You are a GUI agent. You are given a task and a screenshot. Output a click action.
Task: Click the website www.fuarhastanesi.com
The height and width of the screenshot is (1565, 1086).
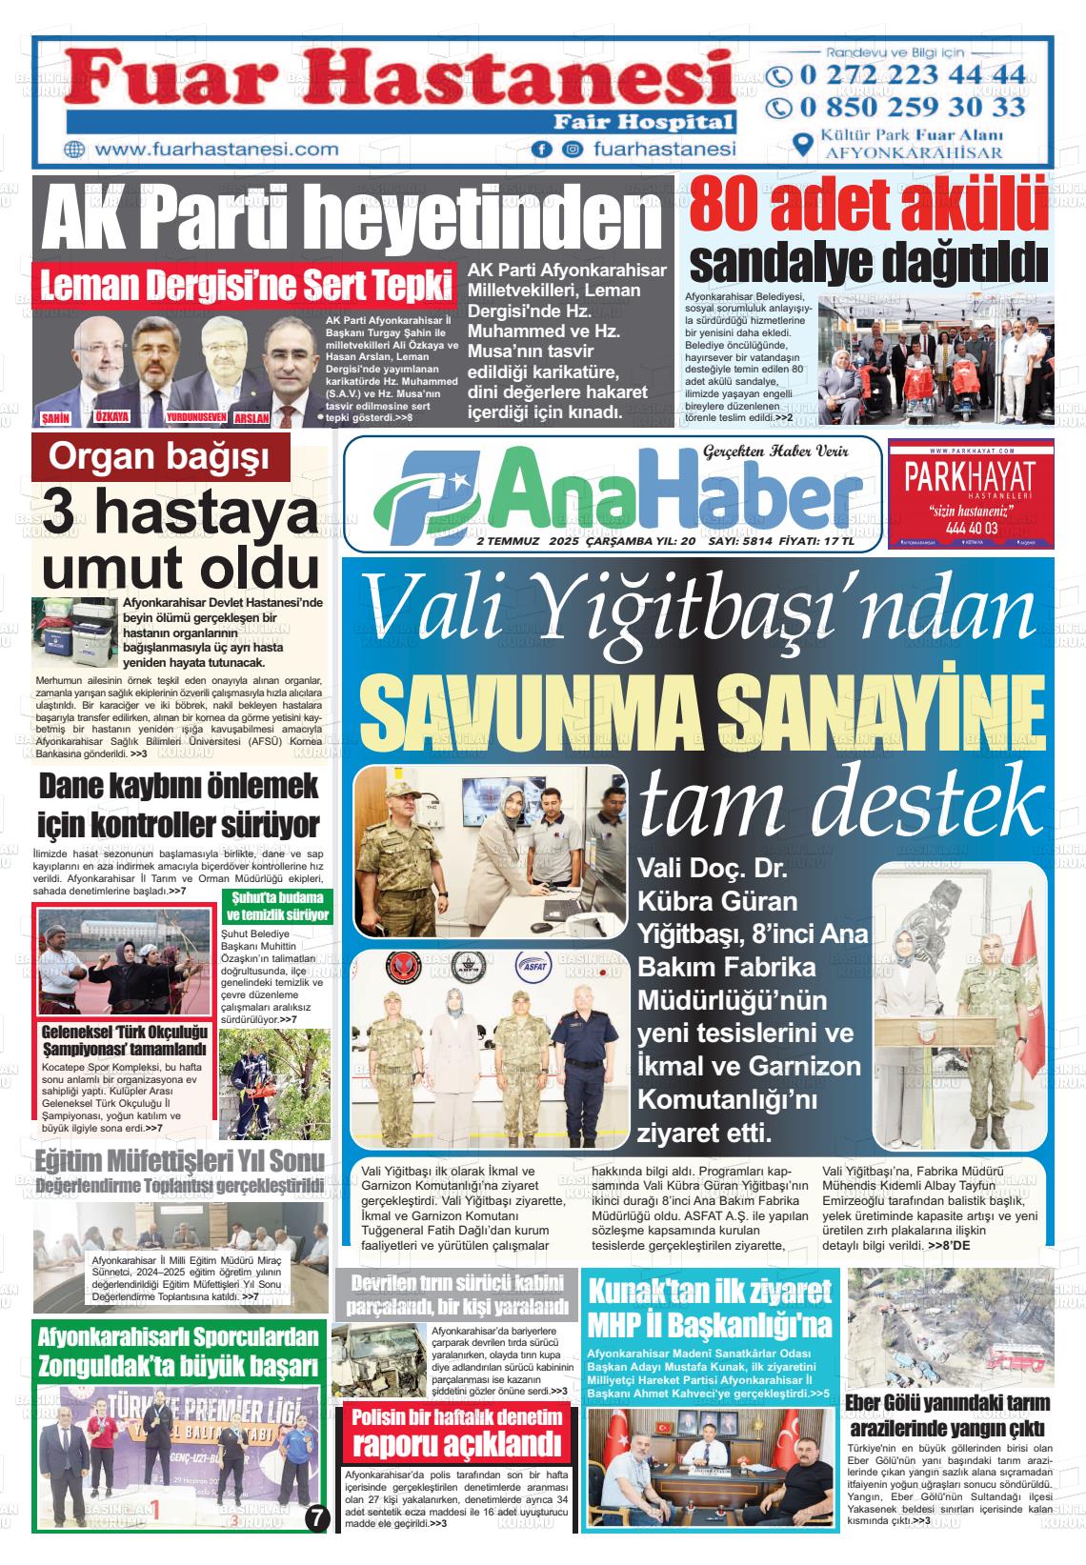pos(217,150)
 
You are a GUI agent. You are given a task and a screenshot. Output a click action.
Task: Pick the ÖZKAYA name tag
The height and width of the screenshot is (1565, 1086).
pos(112,417)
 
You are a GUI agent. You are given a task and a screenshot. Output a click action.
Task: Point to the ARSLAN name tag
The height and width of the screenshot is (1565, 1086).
pos(251,418)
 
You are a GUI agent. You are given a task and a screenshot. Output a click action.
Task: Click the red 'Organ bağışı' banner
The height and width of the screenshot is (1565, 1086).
pos(159,458)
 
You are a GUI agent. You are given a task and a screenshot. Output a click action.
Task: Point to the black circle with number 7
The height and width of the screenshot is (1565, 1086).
pos(319,1517)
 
